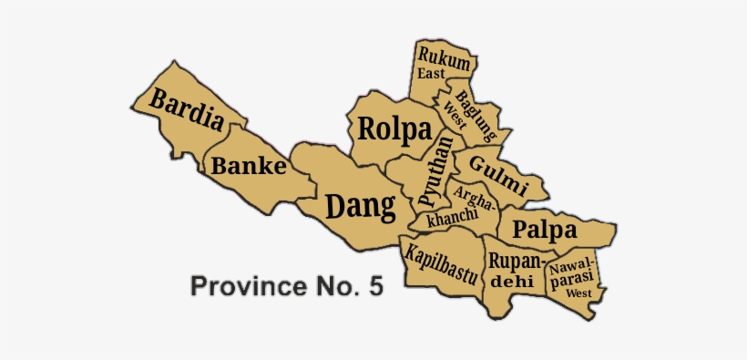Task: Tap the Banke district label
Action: (249, 167)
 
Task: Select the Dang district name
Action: (361, 207)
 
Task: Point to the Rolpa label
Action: (394, 129)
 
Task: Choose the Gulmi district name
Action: (497, 174)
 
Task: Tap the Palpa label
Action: (544, 227)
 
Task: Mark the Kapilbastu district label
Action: (442, 265)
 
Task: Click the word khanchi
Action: (452, 219)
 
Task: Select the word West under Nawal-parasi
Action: (578, 293)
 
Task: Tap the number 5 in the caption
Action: (375, 286)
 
